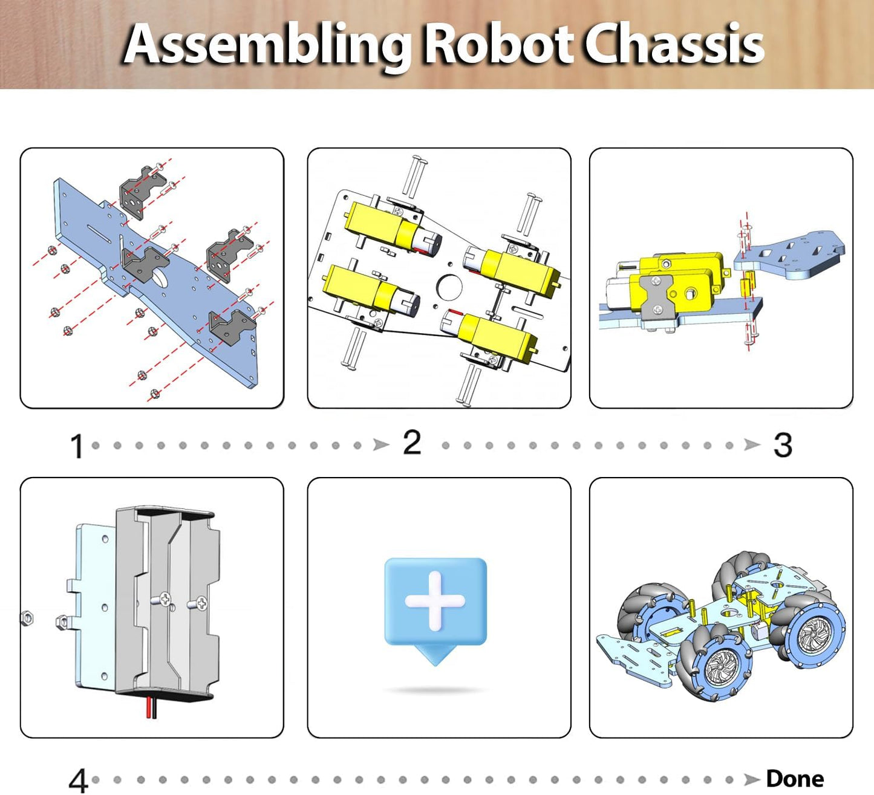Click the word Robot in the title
pyautogui.click(x=497, y=45)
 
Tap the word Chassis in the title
pyautogui.click(x=674, y=45)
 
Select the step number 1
pyautogui.click(x=76, y=447)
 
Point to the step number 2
pyautogui.click(x=412, y=443)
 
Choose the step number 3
pyautogui.click(x=783, y=446)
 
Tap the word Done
pyautogui.click(x=795, y=779)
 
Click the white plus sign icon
pyautogui.click(x=435, y=601)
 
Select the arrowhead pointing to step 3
pyautogui.click(x=752, y=445)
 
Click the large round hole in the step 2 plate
pyautogui.click(x=449, y=286)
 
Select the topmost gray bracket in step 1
pyautogui.click(x=136, y=192)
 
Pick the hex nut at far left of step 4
pyautogui.click(x=27, y=618)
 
